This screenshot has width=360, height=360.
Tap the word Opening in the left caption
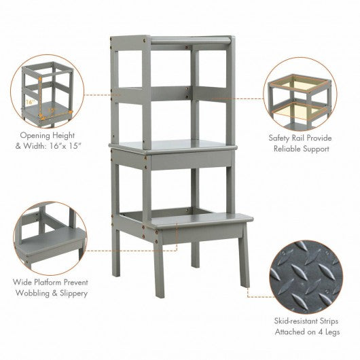35,135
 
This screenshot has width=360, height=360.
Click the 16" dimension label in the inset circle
30,102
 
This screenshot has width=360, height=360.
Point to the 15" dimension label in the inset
52,110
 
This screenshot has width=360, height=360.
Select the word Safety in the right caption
281,138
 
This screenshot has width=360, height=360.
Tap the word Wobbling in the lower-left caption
32,293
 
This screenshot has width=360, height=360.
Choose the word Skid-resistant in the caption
293,321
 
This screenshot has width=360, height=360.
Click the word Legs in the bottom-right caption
333,332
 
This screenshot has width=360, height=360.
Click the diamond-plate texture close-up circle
306,277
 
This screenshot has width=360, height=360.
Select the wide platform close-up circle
50,238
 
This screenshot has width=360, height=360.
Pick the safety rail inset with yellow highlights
300,94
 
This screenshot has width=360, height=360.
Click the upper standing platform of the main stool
173,146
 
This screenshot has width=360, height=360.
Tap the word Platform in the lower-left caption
48,282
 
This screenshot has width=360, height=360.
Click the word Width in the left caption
34,146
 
